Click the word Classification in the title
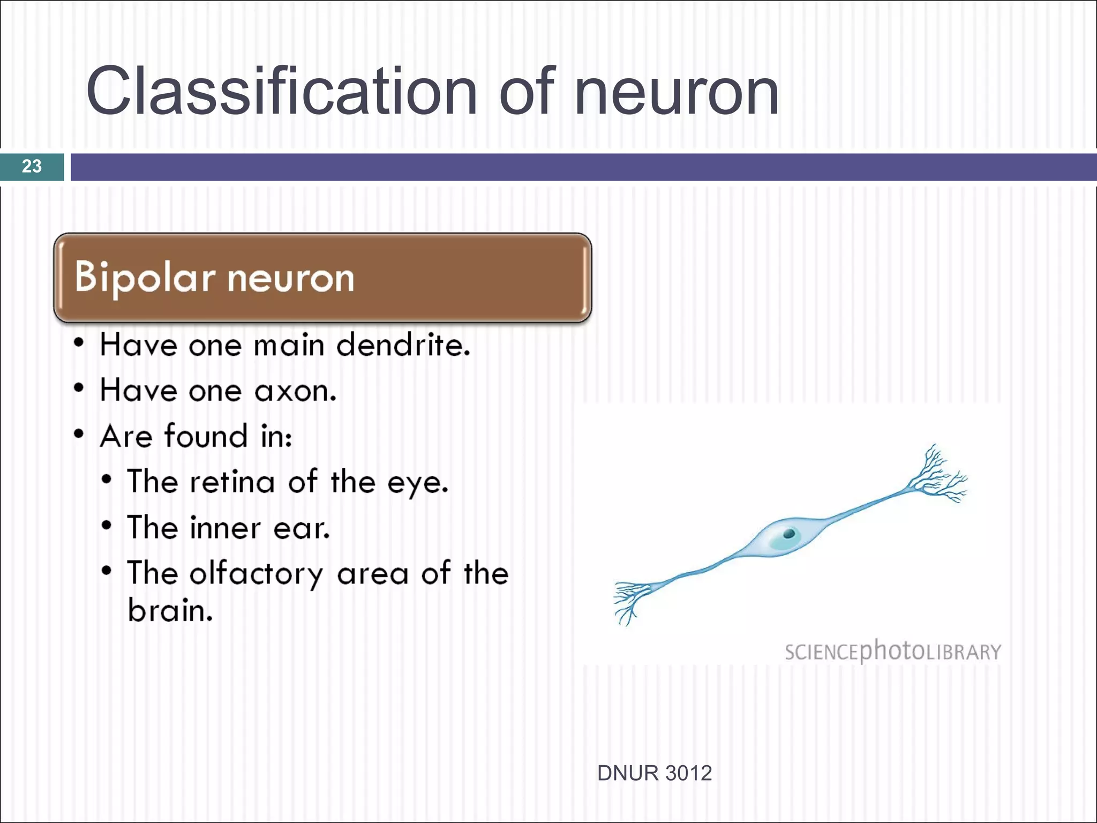point(281,91)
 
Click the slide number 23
point(32,166)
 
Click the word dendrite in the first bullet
point(403,345)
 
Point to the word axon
point(295,391)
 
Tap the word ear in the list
point(302,528)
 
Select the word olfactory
point(256,574)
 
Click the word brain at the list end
point(170,610)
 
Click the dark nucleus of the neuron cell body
point(789,534)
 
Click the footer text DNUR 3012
point(654,773)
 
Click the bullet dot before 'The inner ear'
point(107,525)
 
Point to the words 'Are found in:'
point(196,436)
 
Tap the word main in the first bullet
point(289,345)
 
